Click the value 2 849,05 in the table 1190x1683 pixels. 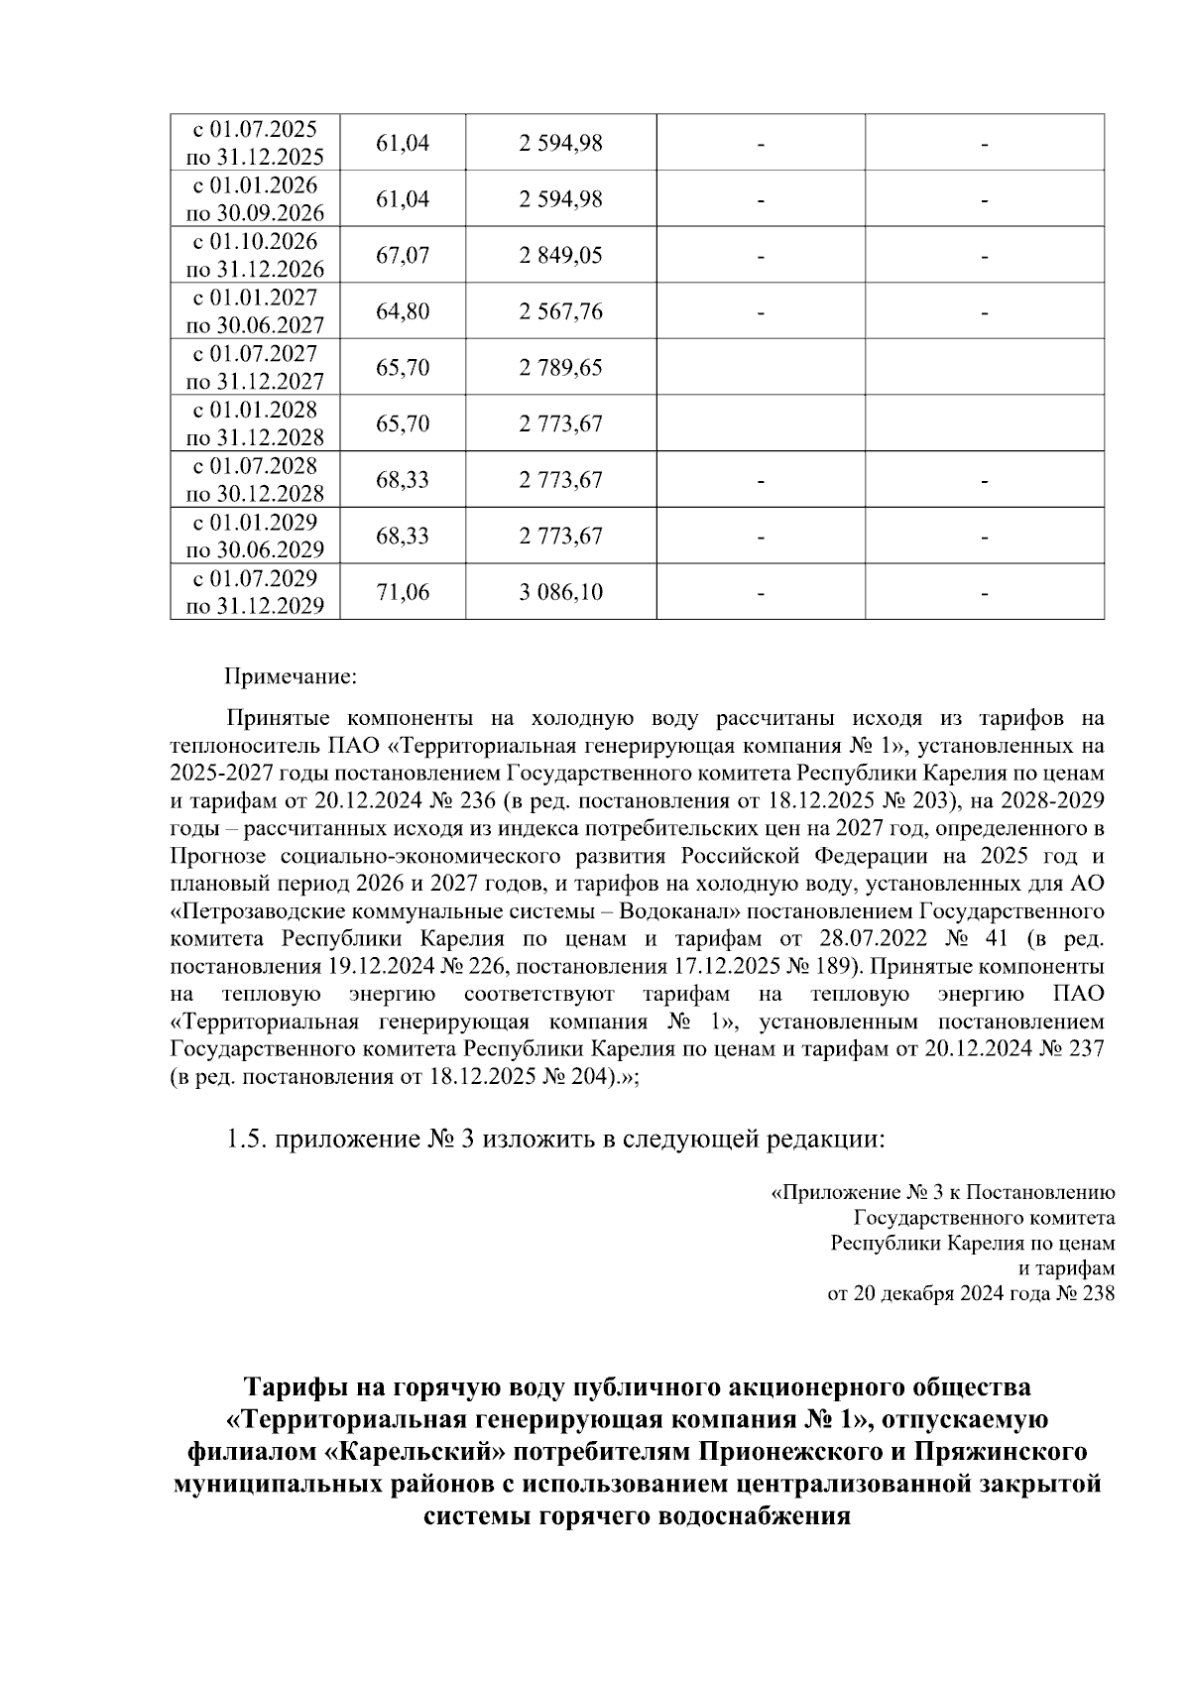coord(560,256)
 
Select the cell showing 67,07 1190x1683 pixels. coord(403,256)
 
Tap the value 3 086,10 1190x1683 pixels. coord(560,593)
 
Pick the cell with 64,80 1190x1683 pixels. coord(403,312)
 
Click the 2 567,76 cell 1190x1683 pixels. coord(560,312)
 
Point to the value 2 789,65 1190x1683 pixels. coord(560,368)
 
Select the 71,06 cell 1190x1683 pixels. coord(403,593)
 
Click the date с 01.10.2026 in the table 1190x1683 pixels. coord(255,242)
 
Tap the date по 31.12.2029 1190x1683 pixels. coord(255,606)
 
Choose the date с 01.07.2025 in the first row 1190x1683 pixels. coord(255,129)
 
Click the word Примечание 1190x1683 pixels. coord(290,678)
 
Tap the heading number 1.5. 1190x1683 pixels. coord(246,1140)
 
